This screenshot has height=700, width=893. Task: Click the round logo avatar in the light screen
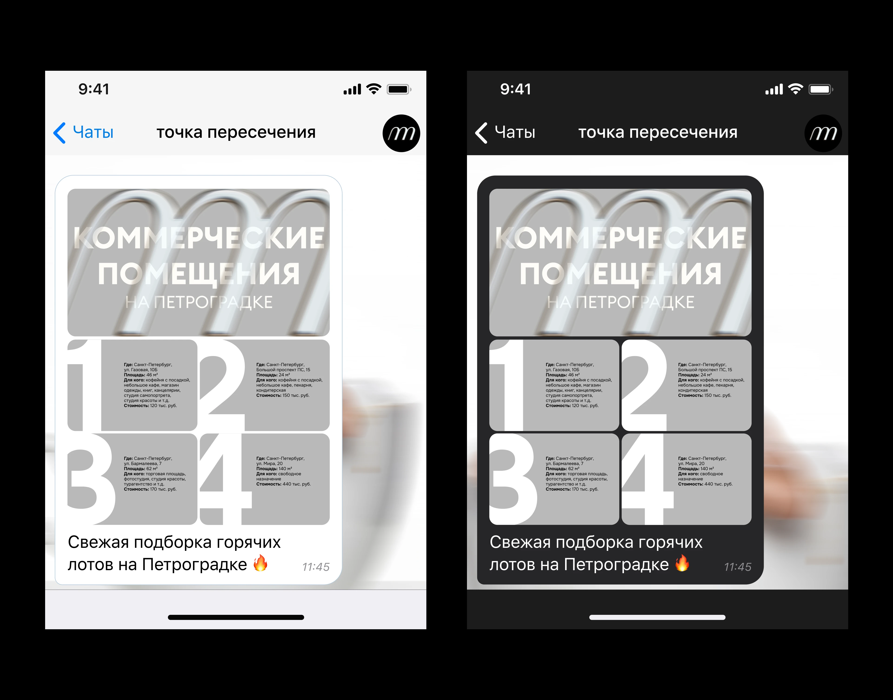tap(401, 133)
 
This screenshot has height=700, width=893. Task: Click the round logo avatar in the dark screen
tap(823, 133)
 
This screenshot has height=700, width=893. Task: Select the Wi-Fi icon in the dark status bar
tap(796, 89)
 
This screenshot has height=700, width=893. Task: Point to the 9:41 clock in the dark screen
tap(516, 89)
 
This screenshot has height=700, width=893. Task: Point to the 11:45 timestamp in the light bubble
tap(316, 567)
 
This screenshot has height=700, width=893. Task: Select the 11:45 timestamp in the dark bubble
tap(737, 567)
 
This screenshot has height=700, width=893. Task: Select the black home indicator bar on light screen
tap(236, 617)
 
